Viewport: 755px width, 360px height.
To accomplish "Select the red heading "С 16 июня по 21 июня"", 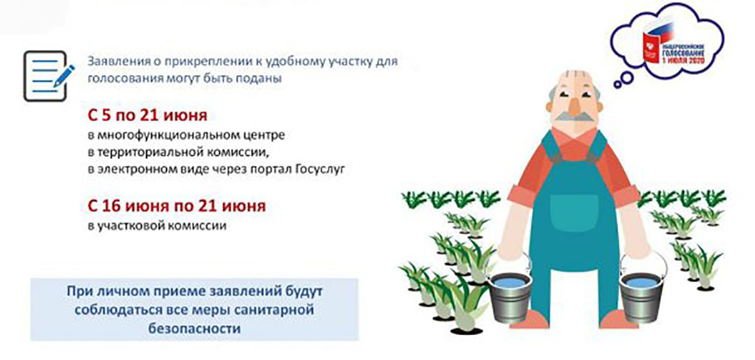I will [176, 207].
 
